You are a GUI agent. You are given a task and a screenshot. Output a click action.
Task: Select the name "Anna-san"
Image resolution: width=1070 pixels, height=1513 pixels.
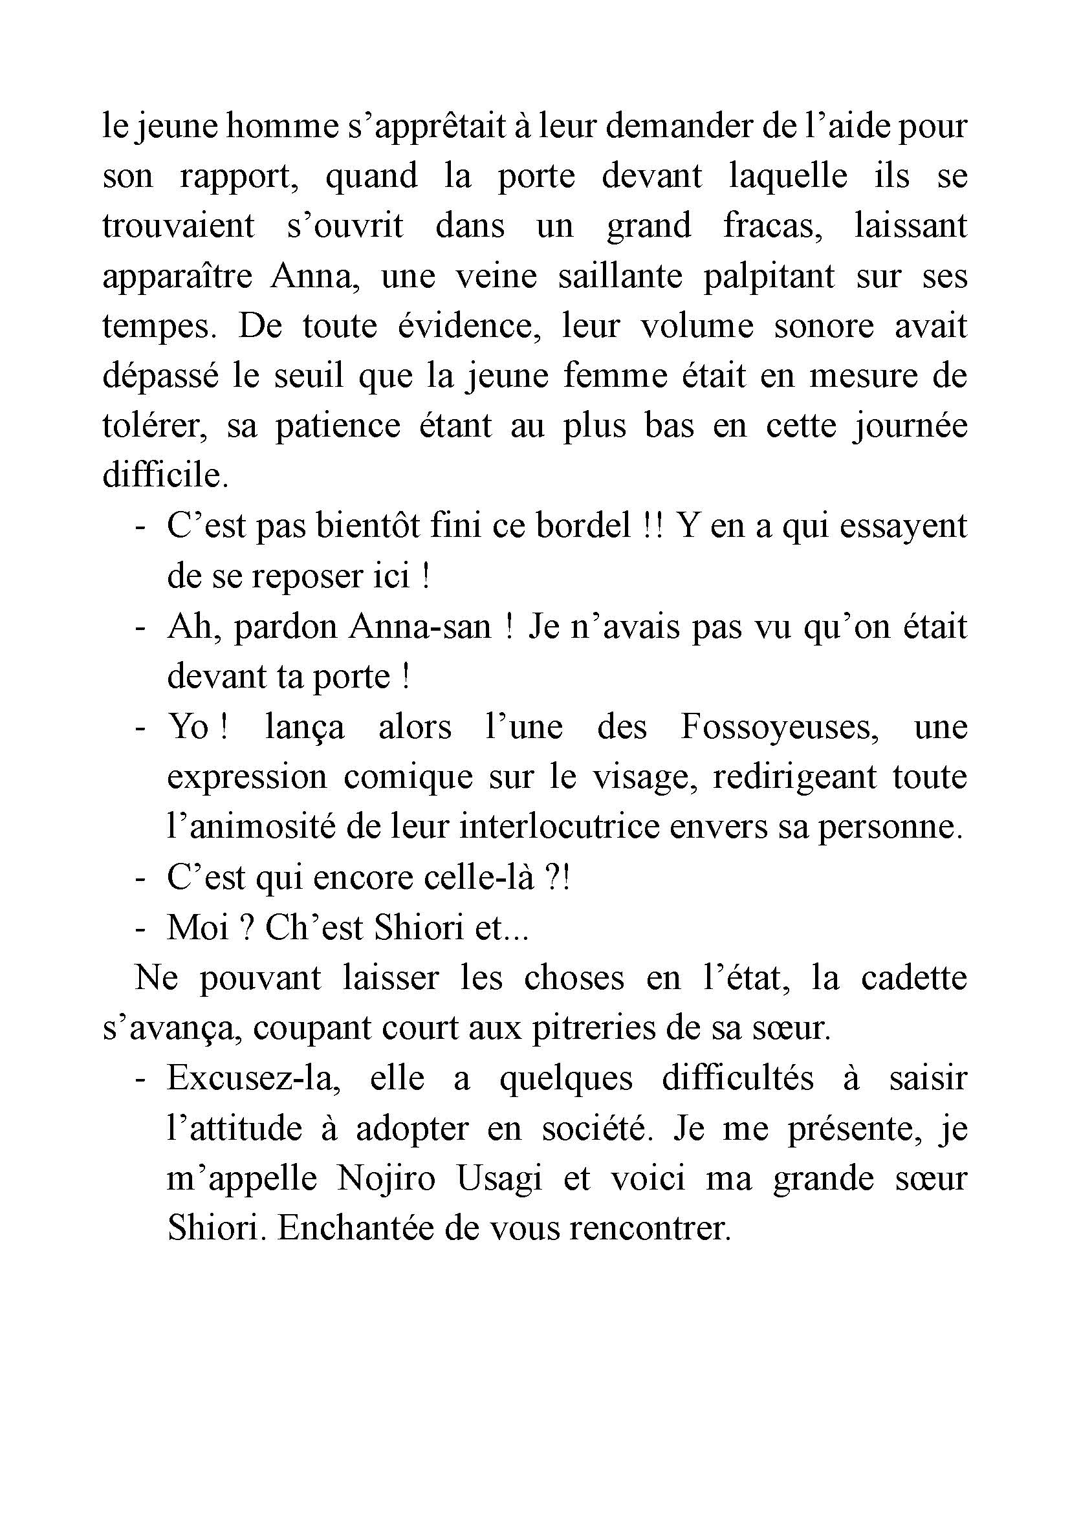click(x=420, y=627)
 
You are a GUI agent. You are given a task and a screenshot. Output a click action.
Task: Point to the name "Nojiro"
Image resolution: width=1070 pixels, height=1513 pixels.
click(x=386, y=1179)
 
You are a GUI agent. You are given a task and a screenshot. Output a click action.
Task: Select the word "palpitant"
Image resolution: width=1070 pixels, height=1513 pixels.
click(x=769, y=276)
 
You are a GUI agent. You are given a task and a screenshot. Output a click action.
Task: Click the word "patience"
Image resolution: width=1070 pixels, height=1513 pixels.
click(x=337, y=426)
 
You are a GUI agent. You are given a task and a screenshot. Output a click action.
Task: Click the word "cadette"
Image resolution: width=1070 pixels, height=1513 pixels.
click(x=914, y=977)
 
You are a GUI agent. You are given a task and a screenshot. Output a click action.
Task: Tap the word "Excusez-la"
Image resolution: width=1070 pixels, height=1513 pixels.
click(x=253, y=1079)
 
